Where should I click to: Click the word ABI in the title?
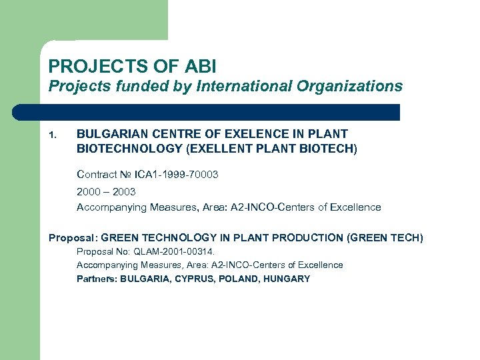point(200,67)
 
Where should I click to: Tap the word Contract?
point(97,175)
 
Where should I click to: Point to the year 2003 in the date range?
point(124,191)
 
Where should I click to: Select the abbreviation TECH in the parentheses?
point(404,237)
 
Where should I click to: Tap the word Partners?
point(96,279)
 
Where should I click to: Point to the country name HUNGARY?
point(287,279)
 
